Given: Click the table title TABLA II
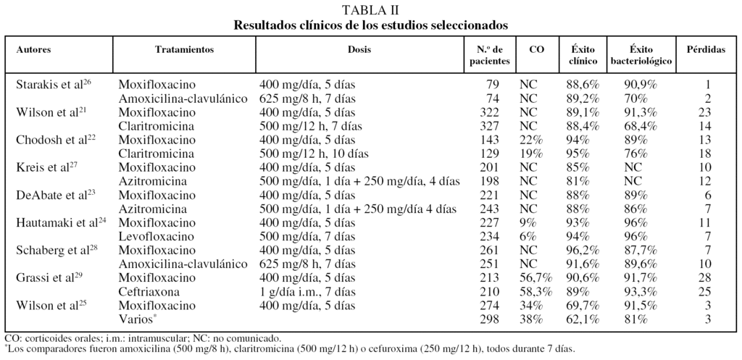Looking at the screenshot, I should pos(371,9).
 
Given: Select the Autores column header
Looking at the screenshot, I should pos(34,50).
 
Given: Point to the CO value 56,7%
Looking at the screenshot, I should pos(537,278).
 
